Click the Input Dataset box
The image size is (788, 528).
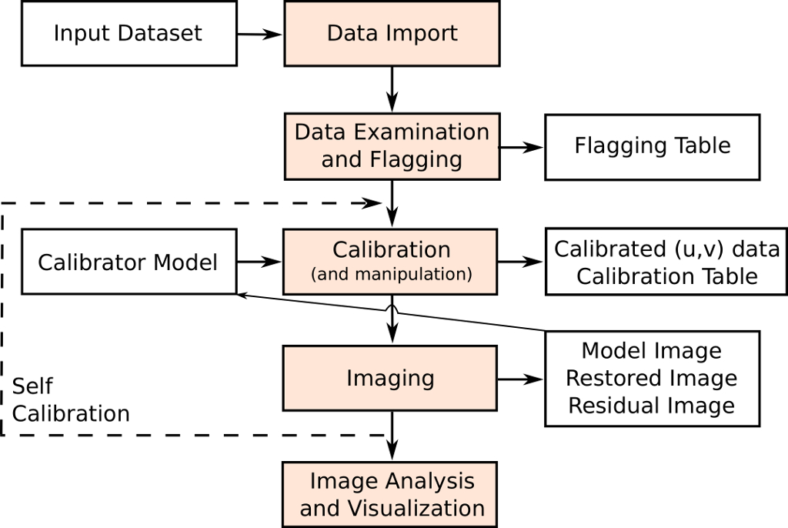[x=129, y=34]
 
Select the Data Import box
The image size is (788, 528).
[x=392, y=34]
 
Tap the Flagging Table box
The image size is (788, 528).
[x=652, y=146]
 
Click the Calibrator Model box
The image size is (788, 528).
[x=129, y=262]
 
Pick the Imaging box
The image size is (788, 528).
[x=391, y=379]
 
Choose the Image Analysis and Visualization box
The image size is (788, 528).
[x=391, y=495]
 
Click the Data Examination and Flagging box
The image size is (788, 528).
[x=392, y=146]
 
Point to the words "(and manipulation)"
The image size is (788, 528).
[x=392, y=275]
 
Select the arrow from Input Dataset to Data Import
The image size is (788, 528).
[x=260, y=34]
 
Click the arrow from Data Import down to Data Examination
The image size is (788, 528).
[x=392, y=89]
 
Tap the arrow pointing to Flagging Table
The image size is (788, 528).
[x=522, y=146]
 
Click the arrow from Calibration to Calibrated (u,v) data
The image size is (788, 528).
[x=522, y=262]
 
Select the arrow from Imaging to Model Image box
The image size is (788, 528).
[x=522, y=379]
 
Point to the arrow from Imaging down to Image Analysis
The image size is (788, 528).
[x=392, y=437]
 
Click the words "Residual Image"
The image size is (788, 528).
[x=652, y=406]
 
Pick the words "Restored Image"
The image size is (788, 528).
[x=652, y=379]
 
